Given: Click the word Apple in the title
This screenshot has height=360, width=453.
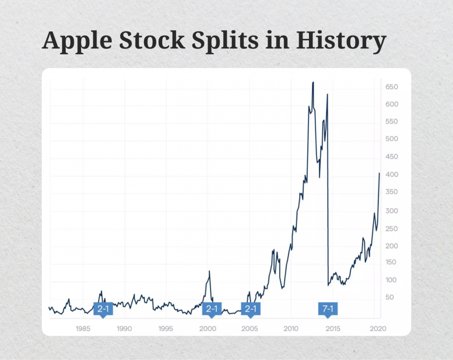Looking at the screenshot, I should click(77, 41).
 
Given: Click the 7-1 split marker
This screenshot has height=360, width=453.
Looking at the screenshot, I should click(328, 309).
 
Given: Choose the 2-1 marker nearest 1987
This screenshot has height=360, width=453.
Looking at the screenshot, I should click(103, 309).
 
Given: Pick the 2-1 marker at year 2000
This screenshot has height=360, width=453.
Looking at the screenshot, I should click(212, 309).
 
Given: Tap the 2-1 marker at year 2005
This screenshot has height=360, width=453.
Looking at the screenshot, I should click(250, 309).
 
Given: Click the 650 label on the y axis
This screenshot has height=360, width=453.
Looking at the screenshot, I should click(392, 87).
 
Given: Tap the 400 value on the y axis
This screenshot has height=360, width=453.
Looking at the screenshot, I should click(392, 175).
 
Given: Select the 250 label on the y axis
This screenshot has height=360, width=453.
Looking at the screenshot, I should click(392, 229).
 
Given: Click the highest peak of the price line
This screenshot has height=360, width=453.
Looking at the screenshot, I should click(313, 82).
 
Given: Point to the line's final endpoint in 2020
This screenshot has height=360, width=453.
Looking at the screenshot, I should click(380, 173).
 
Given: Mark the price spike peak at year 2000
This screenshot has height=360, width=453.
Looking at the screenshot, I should click(209, 271).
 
